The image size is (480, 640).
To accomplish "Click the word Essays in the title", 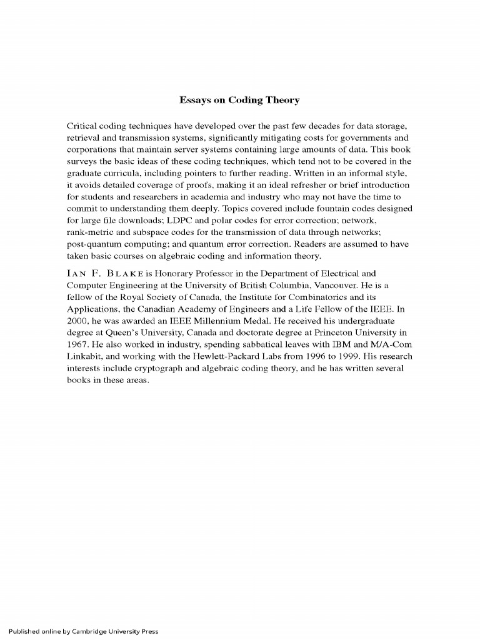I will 194,100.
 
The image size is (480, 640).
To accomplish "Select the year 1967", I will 78,344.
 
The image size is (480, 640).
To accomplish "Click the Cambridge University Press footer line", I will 79,631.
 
